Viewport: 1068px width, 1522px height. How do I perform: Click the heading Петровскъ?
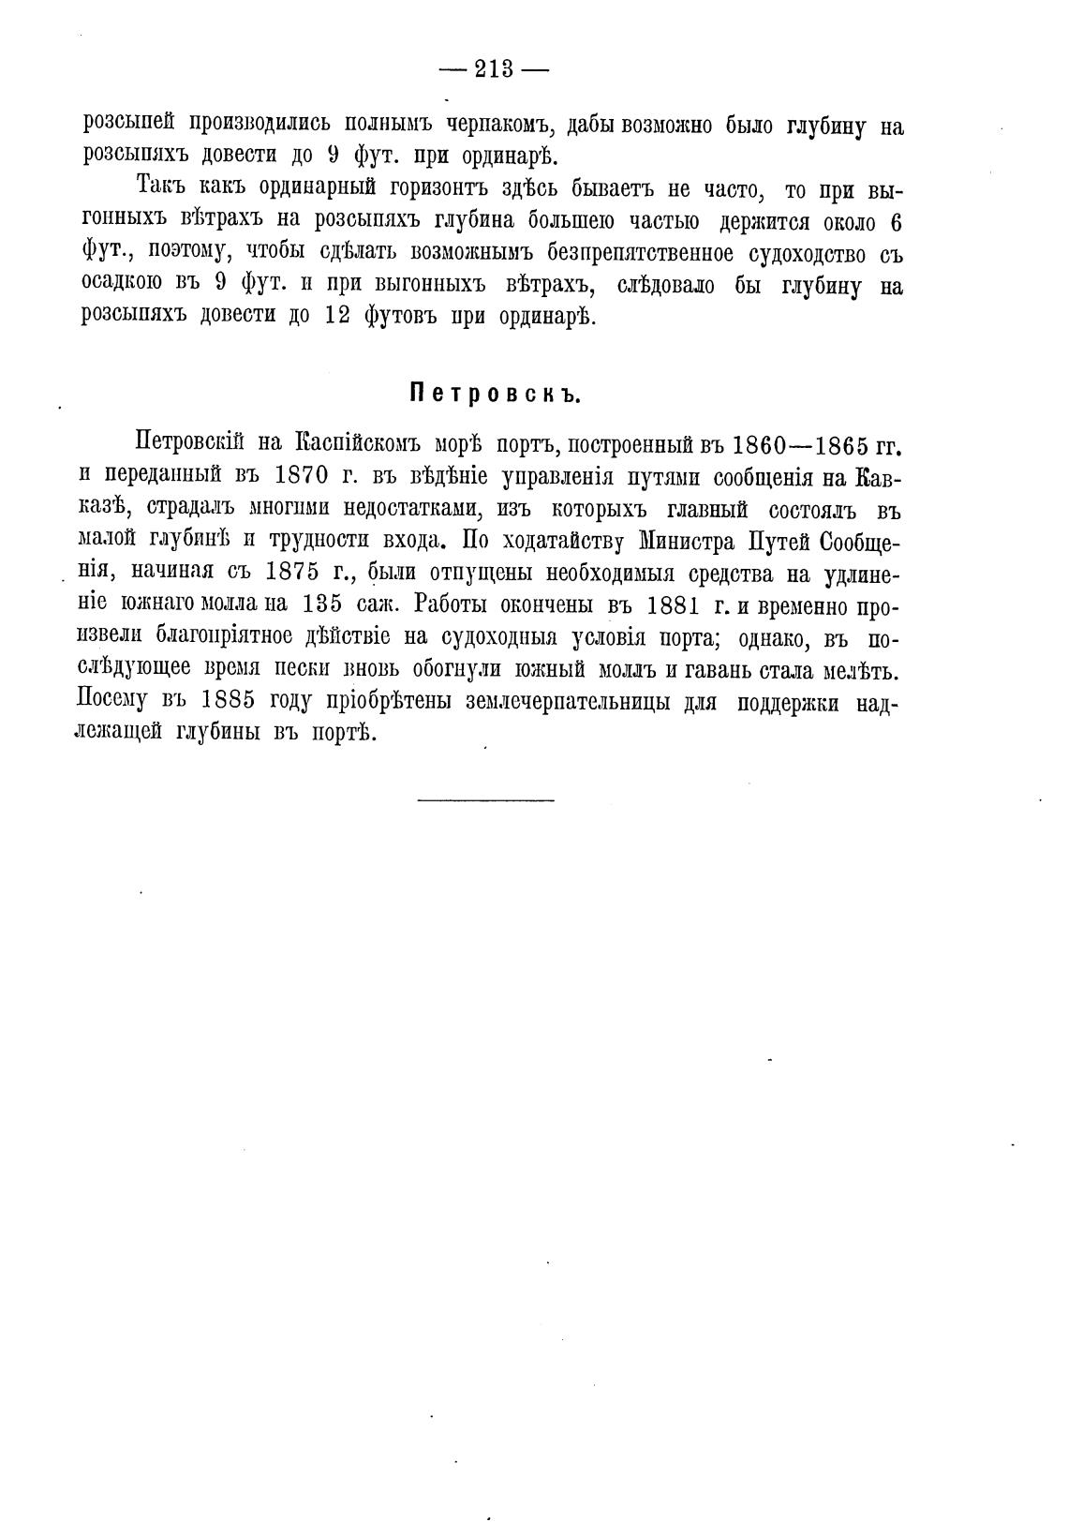point(496,394)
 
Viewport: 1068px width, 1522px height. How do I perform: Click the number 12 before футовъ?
point(337,317)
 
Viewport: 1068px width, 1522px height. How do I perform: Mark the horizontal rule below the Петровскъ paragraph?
point(485,799)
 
